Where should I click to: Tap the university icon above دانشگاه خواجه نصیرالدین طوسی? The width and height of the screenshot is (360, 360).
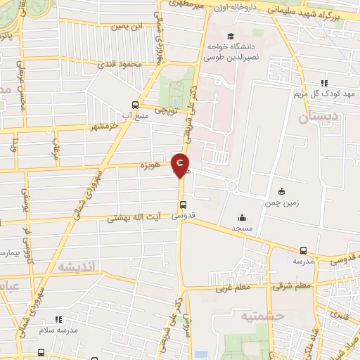coord(230,36)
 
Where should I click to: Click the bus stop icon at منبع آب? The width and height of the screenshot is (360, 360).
coord(136,103)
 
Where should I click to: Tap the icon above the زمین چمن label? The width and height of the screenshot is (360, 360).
coord(282,191)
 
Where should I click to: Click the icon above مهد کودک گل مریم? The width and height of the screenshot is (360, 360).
coord(323,83)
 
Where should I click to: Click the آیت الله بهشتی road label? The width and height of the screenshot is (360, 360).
coord(134,219)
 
